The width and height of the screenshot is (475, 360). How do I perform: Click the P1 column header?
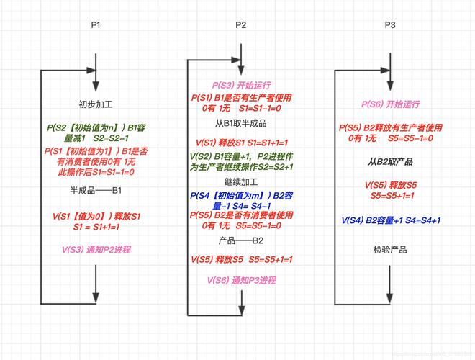coord(96,25)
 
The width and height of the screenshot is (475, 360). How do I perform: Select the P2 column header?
coord(241,25)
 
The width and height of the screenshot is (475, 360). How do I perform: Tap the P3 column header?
coord(390,25)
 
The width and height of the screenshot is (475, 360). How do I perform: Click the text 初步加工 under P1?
coord(96,104)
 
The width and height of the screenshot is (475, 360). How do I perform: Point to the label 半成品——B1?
coord(96,191)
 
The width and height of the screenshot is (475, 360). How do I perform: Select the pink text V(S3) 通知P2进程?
coord(96,249)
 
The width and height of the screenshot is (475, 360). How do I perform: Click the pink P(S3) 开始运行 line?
coord(241,85)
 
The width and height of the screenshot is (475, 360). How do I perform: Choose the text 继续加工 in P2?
coord(241,183)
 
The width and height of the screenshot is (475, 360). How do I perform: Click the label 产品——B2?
coord(241,240)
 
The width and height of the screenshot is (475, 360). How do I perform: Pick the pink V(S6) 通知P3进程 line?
coord(241,280)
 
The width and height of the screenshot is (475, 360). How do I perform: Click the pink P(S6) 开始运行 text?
coord(390,104)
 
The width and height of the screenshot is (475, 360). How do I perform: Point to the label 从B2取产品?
coord(390,162)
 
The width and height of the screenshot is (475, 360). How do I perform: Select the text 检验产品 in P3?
coord(390,250)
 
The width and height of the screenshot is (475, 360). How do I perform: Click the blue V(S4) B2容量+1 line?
coord(390,220)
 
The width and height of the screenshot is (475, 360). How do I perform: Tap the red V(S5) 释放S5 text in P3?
coord(390,185)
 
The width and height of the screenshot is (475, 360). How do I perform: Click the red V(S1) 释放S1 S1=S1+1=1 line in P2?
coord(241,143)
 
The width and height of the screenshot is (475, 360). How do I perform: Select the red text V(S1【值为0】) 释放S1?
coord(96,215)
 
